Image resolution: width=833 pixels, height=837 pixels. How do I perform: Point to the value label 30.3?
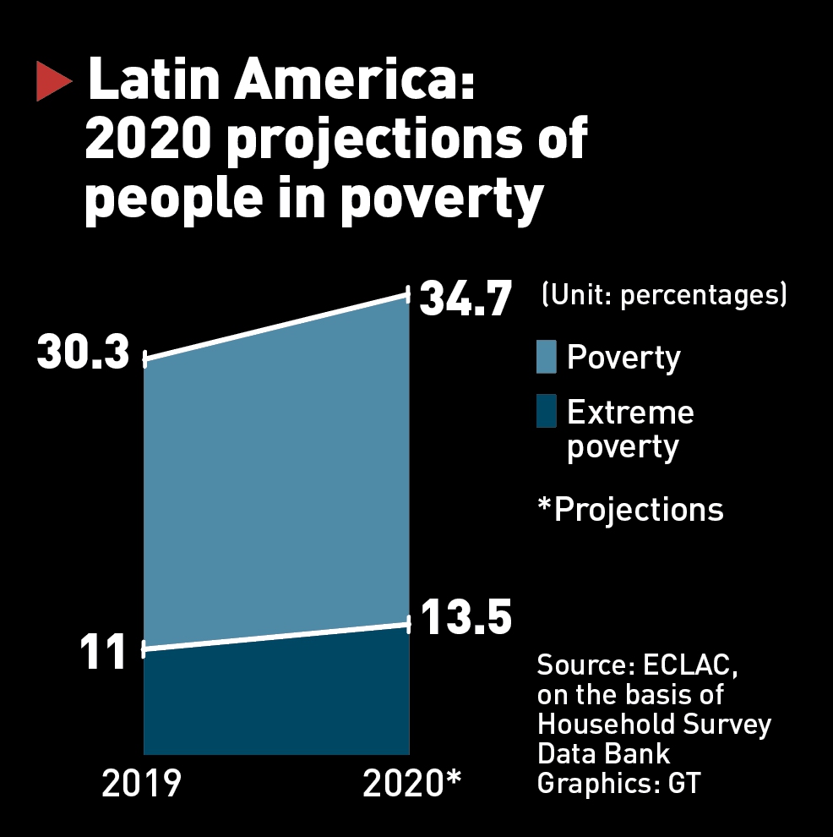coord(84,354)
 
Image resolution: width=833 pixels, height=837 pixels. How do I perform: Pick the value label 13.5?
coord(465,618)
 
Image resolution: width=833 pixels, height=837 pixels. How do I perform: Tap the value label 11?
coord(103,652)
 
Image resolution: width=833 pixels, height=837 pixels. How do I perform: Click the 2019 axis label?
coord(141,785)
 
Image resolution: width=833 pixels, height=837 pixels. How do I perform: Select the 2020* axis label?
coord(411,785)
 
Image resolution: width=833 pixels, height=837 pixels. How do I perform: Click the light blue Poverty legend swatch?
coord(547,357)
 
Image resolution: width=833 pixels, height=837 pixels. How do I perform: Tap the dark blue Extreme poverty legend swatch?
coord(547,412)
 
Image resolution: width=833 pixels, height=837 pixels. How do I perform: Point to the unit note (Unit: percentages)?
coord(664,296)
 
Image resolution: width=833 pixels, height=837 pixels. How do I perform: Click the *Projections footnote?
coord(630,510)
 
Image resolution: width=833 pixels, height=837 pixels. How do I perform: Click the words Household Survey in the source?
coord(654,725)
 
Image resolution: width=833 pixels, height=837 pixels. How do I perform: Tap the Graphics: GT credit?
coord(619,783)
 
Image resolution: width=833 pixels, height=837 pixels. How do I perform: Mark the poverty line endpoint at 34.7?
coord(409,294)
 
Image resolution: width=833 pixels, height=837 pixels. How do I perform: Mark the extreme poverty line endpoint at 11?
coord(144,649)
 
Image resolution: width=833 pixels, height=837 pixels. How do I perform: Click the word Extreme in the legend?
coord(630,413)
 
